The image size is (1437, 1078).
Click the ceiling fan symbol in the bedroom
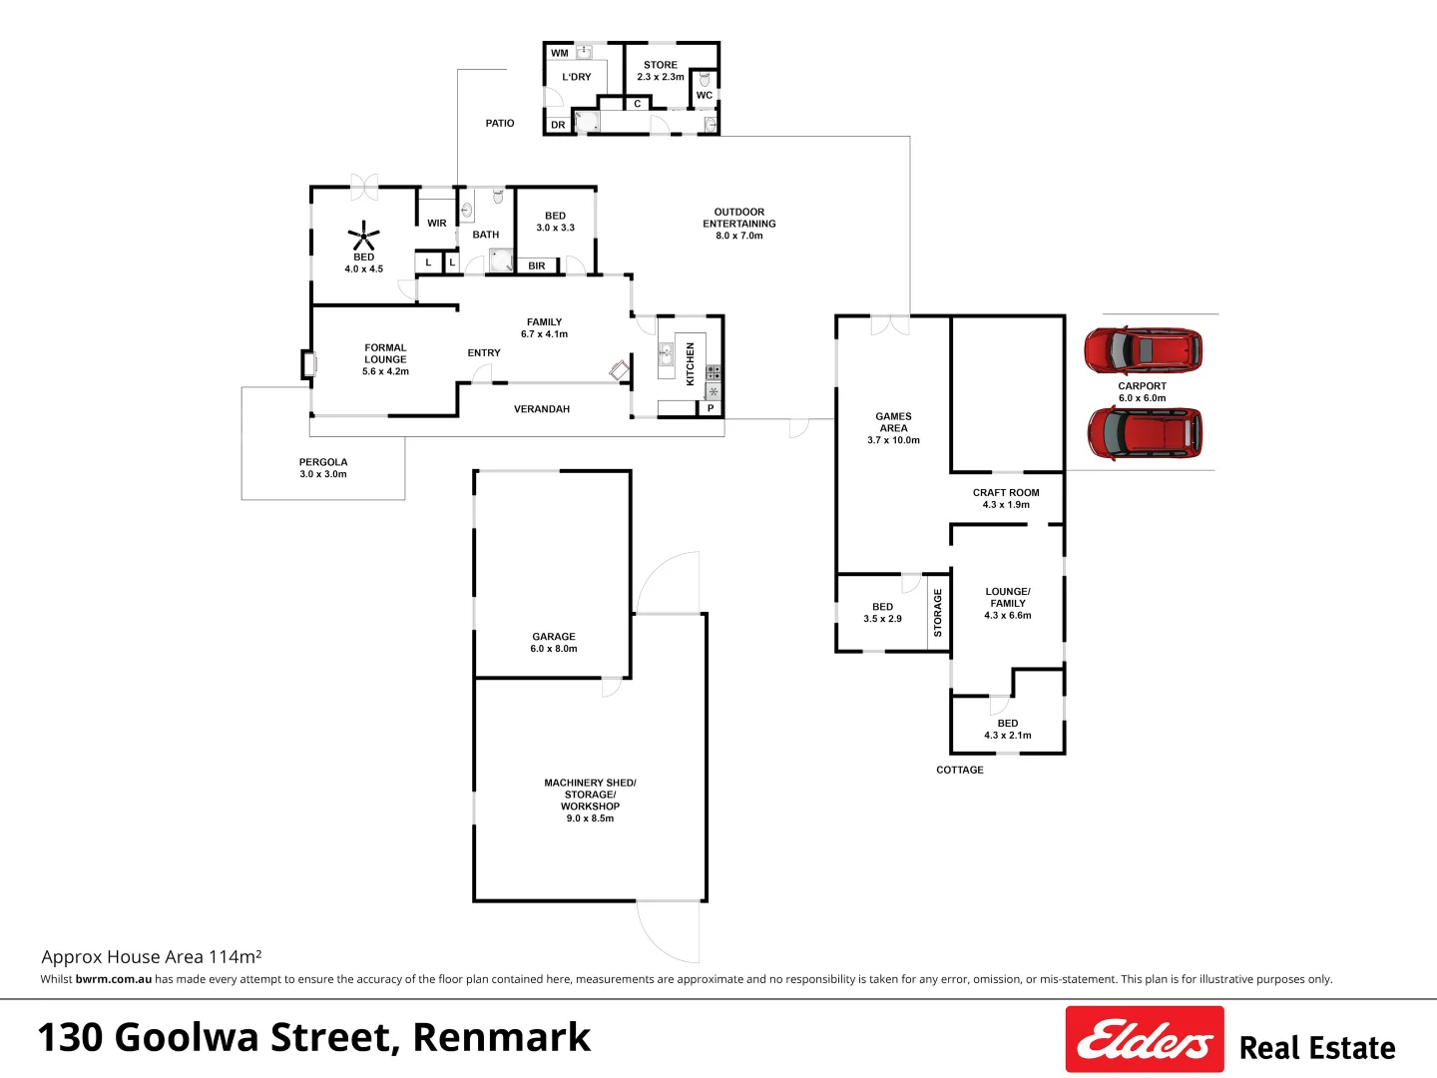(363, 238)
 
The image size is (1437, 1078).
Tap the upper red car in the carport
(1143, 350)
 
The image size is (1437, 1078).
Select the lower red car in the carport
(1144, 432)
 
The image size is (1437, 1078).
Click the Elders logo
(1144, 1040)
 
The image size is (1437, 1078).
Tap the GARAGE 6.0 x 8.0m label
(554, 643)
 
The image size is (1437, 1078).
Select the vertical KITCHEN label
(690, 364)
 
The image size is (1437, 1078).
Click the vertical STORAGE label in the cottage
(937, 613)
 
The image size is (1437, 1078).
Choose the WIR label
(437, 224)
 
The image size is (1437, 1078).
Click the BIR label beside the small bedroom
(537, 267)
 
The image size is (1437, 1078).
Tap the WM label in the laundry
(560, 54)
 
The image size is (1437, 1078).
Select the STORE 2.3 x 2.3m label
(661, 71)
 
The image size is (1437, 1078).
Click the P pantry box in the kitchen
(711, 408)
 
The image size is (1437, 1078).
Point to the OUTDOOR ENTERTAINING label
(739, 224)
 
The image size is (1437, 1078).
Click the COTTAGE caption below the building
(959, 770)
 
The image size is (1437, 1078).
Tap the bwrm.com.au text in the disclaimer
(113, 979)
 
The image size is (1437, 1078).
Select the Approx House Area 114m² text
(152, 956)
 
